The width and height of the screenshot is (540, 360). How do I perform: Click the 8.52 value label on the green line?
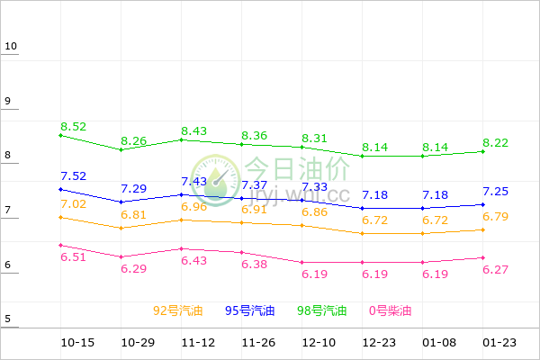tap(74, 127)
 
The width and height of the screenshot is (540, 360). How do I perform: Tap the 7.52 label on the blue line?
tap(74, 176)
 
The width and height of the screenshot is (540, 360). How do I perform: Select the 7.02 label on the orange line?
tap(74, 204)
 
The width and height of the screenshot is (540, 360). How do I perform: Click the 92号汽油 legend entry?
tap(178, 311)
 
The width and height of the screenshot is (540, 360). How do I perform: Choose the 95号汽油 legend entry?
tap(250, 311)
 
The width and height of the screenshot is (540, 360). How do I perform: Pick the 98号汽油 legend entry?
tap(322, 311)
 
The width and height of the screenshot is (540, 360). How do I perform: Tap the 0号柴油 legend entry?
tap(390, 311)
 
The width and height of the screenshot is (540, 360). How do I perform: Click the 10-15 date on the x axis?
tap(77, 343)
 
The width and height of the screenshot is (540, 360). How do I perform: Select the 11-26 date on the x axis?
tap(258, 343)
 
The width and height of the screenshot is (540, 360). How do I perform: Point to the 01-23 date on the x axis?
tap(499, 343)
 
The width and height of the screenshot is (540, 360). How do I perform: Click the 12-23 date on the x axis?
tap(378, 343)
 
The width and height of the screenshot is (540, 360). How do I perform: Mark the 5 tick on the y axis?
tap(7, 319)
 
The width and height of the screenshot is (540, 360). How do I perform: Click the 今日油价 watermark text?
tap(297, 168)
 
